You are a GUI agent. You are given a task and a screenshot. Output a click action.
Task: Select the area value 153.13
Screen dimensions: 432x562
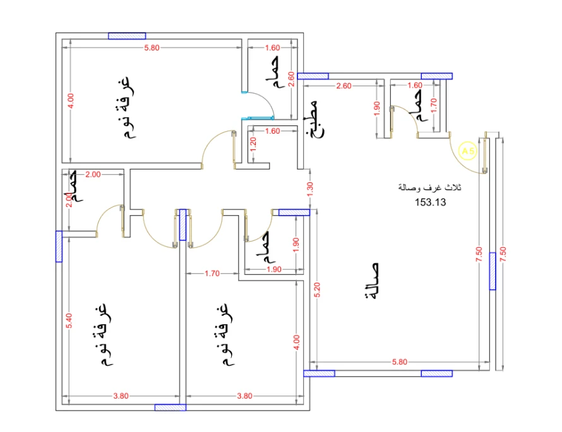pos(431,202)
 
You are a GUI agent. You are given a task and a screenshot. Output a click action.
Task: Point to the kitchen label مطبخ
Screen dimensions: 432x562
pos(313,119)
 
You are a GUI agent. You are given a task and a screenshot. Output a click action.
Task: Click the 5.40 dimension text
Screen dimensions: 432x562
pos(71,320)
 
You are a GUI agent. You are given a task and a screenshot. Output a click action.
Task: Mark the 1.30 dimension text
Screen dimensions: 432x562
pos(309,189)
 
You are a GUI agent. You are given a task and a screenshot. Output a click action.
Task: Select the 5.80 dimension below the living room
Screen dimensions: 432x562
pos(399,362)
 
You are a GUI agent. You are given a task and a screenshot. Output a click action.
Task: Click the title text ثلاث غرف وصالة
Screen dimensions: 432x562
pos(429,188)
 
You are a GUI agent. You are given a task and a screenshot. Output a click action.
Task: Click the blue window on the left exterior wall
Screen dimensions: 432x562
pos(59,246)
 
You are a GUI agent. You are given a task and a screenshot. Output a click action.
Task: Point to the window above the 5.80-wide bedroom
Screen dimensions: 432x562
pos(127,36)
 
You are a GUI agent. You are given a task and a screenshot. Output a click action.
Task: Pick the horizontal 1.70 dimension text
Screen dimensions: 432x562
pos(212,274)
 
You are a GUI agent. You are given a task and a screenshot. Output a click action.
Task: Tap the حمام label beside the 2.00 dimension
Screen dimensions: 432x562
pos(74,186)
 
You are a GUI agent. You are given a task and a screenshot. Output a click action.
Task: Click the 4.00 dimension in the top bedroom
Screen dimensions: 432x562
pos(71,101)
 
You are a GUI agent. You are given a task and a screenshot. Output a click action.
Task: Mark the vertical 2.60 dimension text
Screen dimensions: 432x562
pos(290,79)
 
